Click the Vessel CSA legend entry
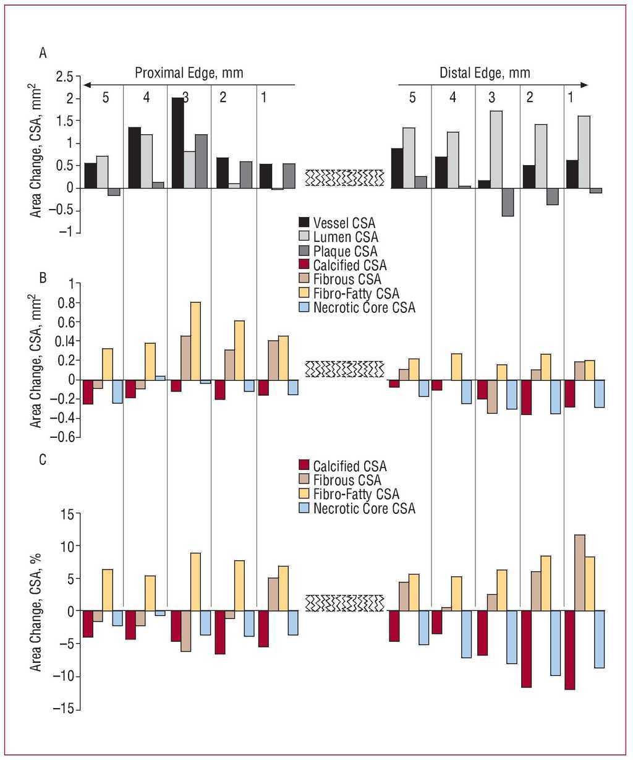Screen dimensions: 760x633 [344, 223]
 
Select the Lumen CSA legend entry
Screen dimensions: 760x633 [345, 237]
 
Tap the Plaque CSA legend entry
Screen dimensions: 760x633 [344, 252]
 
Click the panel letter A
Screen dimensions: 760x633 [43, 53]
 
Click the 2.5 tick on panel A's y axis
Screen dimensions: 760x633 [64, 77]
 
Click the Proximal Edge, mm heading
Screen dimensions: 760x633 [189, 73]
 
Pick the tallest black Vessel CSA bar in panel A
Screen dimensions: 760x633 [177, 143]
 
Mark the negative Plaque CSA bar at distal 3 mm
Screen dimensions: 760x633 [508, 202]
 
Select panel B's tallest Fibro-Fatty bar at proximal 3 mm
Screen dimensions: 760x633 [195, 341]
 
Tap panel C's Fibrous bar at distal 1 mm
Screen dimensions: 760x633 [579, 573]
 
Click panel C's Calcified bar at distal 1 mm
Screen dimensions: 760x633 [569, 650]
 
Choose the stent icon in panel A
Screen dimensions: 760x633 [345, 177]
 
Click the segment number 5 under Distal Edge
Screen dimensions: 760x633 [412, 98]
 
